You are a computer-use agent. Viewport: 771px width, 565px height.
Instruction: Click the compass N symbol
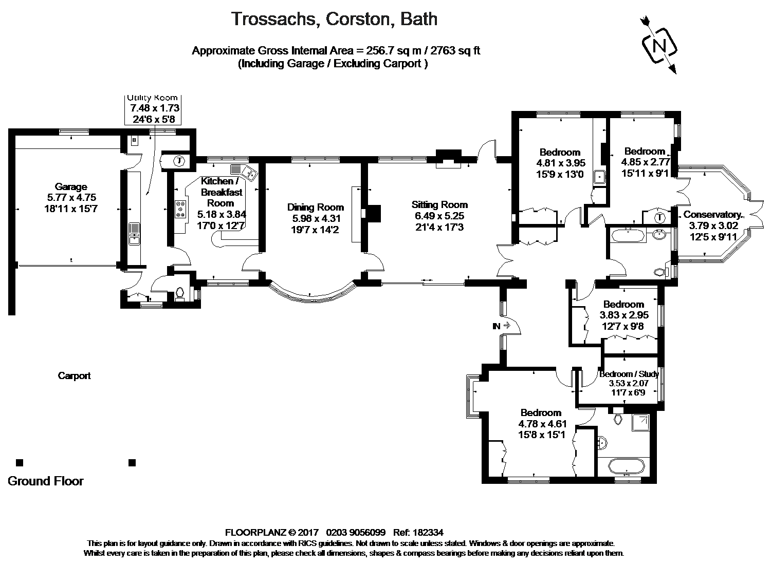click(659, 46)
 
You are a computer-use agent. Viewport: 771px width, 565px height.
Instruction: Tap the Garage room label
click(71, 187)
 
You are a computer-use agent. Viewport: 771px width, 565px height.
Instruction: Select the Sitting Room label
click(439, 205)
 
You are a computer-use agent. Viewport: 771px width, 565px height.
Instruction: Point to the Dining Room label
click(316, 208)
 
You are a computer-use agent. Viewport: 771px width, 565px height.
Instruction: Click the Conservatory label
click(712, 215)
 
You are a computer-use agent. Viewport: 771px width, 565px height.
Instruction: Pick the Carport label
click(74, 376)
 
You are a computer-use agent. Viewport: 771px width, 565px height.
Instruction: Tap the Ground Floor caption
click(45, 481)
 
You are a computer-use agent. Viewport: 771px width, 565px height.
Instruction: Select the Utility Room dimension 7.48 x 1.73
click(155, 108)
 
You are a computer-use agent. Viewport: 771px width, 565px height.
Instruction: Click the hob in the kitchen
click(180, 210)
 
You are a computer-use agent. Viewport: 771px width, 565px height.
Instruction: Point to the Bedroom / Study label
click(629, 374)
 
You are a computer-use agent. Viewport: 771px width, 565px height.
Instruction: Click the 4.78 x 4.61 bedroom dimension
click(542, 424)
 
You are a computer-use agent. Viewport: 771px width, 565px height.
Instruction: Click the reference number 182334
click(428, 533)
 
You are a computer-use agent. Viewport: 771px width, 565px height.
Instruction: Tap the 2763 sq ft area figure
click(455, 51)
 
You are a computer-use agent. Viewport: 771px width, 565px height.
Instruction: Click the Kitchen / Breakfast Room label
click(222, 192)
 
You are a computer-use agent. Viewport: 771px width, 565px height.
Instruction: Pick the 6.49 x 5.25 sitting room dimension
click(439, 216)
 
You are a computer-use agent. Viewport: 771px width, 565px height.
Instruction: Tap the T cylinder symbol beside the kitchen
click(179, 161)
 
